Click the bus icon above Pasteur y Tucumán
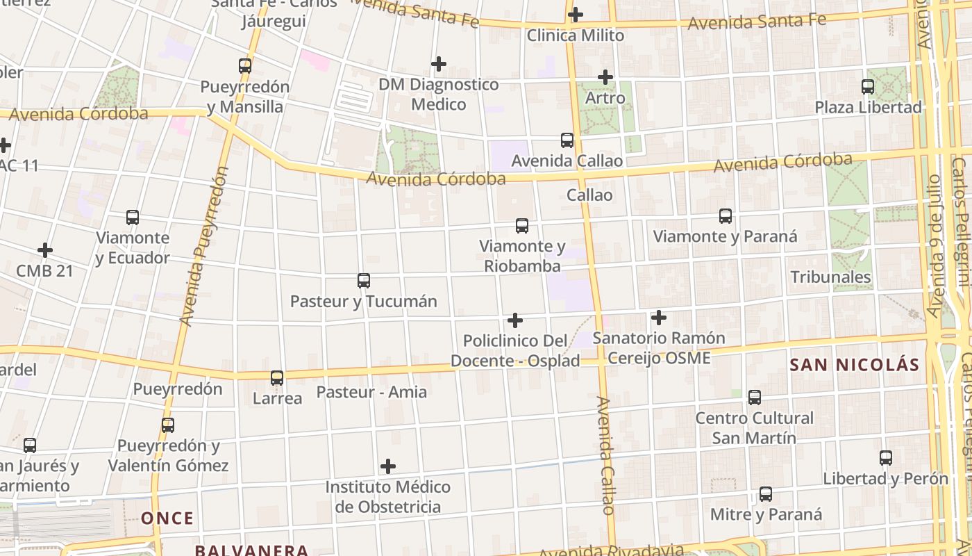click(x=363, y=281)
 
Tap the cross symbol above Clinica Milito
click(x=575, y=14)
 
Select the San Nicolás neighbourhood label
click(x=854, y=365)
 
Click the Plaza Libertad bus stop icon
click(x=867, y=87)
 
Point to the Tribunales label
click(x=830, y=277)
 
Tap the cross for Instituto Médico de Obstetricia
click(x=388, y=466)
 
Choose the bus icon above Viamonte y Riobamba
click(x=522, y=226)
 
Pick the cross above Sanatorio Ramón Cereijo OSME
click(x=658, y=318)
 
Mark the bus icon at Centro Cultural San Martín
click(x=754, y=398)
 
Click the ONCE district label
click(x=167, y=518)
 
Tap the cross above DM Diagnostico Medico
click(x=438, y=64)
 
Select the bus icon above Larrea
click(x=277, y=378)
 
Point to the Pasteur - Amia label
click(x=371, y=392)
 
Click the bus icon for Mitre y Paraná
click(x=765, y=494)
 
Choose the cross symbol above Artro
click(x=605, y=77)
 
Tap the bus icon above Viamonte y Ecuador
click(x=133, y=218)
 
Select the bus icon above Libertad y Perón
click(x=885, y=458)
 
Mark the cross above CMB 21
click(x=45, y=250)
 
